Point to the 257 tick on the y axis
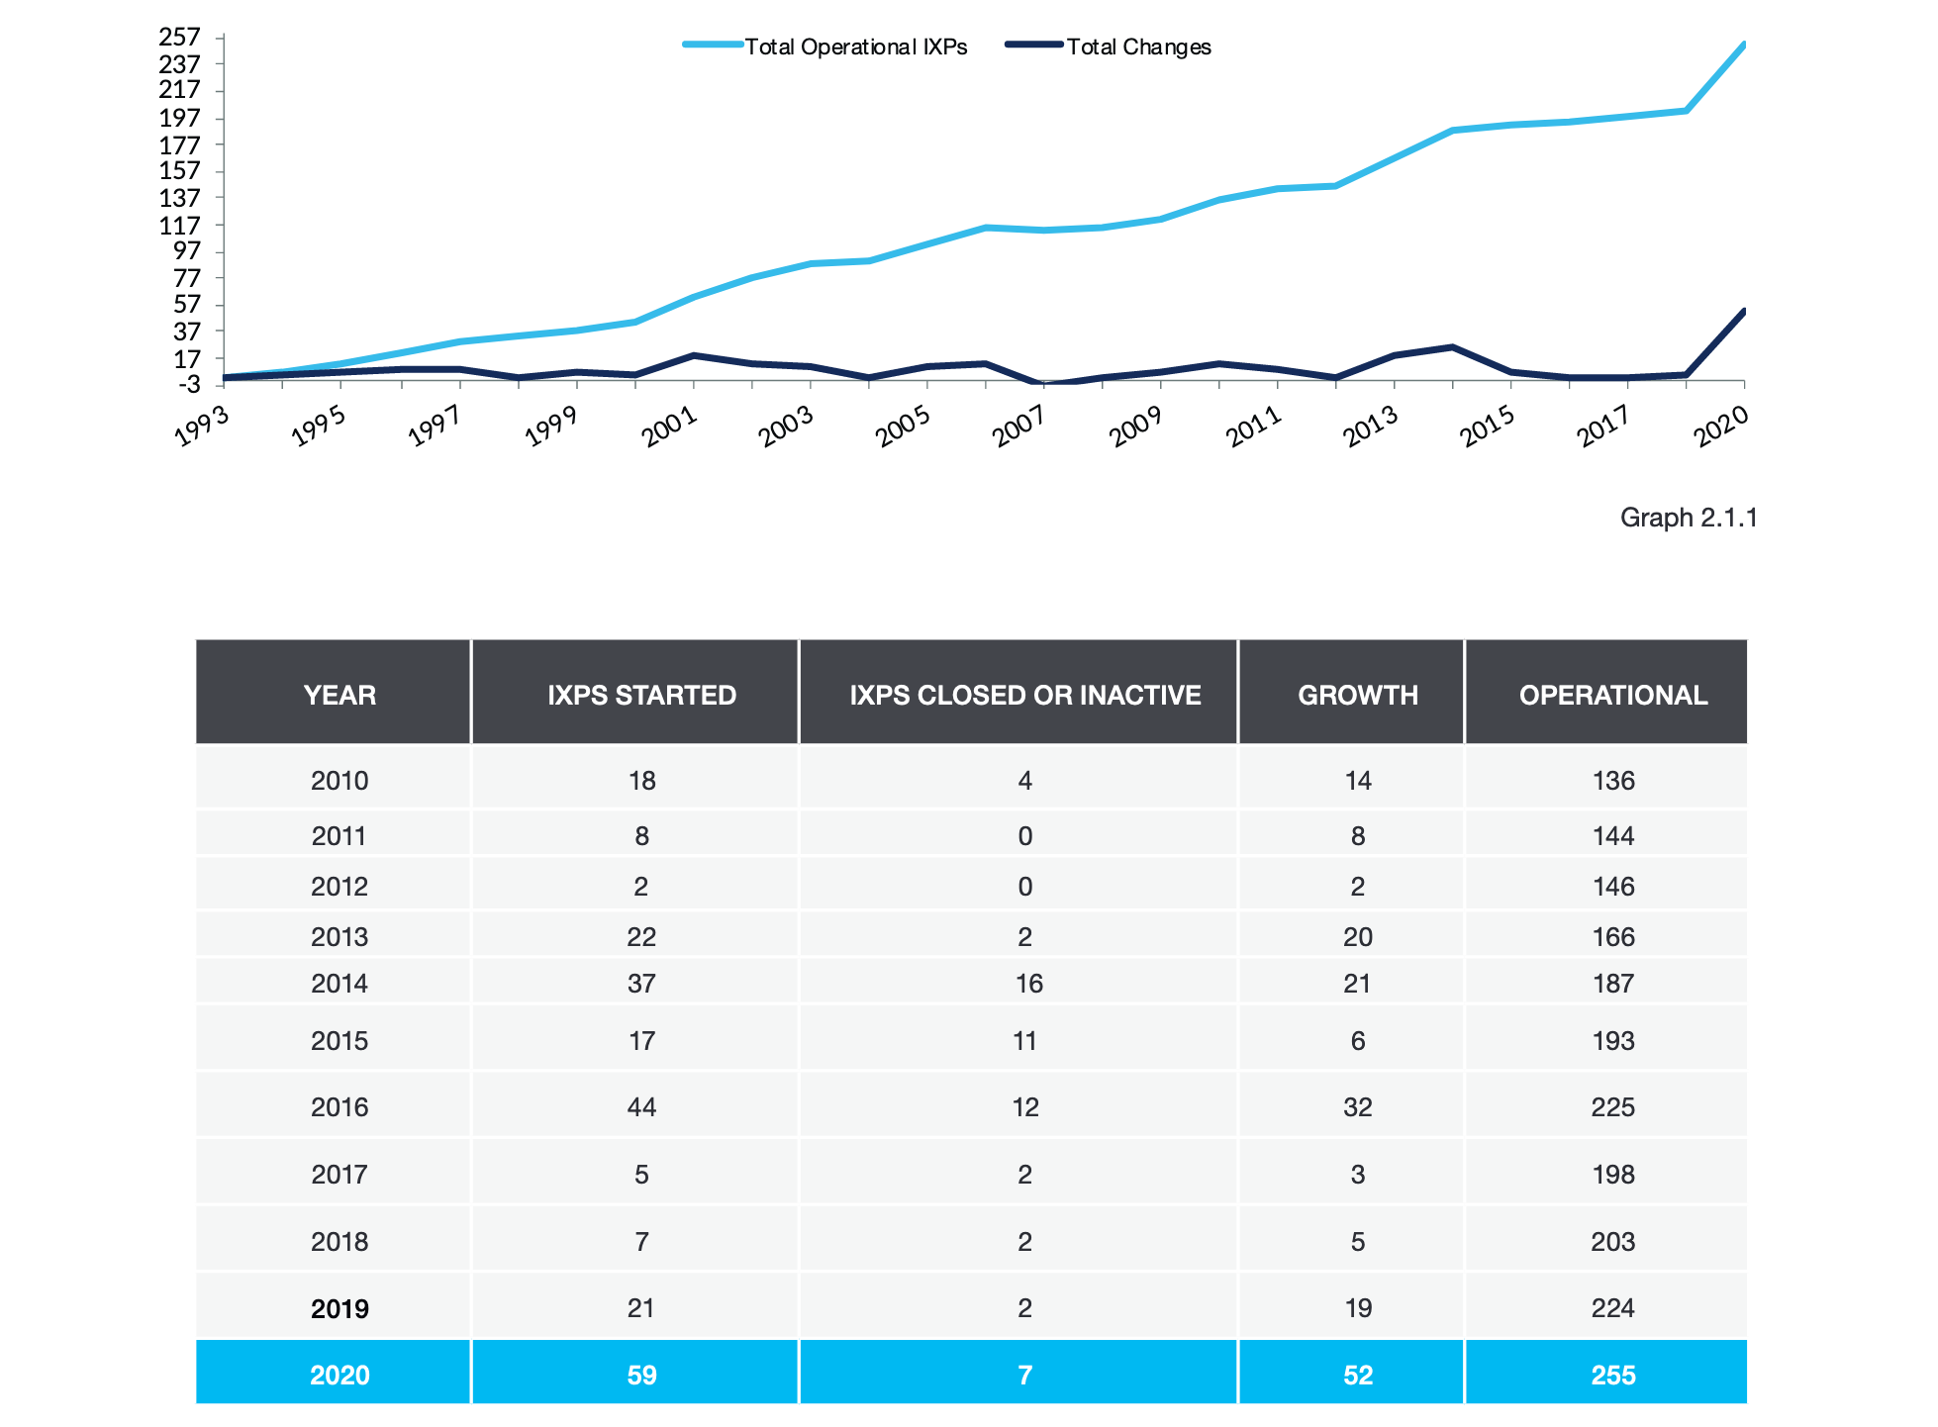[x=180, y=38]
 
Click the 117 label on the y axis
[x=180, y=226]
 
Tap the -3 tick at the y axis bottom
[x=189, y=384]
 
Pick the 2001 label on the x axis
[x=670, y=428]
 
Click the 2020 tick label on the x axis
[x=1721, y=428]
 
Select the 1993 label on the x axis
[x=202, y=428]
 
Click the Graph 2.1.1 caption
[x=1688, y=518]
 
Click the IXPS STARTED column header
[x=641, y=695]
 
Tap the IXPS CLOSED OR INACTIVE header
[x=1024, y=695]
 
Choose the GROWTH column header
[x=1357, y=695]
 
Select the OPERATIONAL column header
[x=1612, y=695]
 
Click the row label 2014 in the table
[x=339, y=984]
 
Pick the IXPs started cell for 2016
[x=641, y=1106]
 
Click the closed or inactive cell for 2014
[x=1028, y=984]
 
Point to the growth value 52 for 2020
[x=1357, y=1375]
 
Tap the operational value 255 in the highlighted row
[x=1612, y=1375]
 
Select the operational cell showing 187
[x=1612, y=984]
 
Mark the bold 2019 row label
[x=339, y=1308]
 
